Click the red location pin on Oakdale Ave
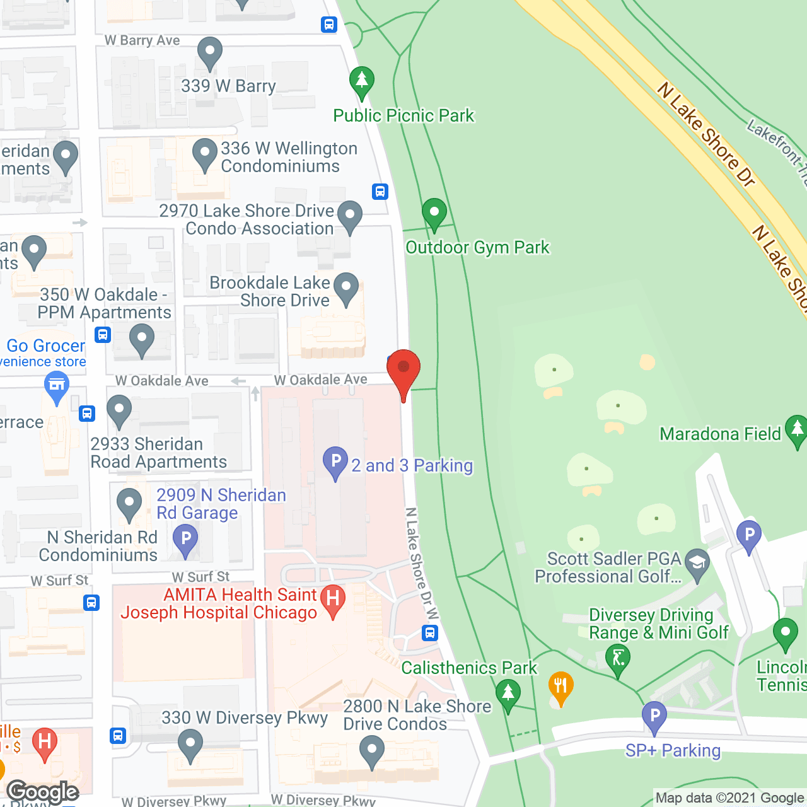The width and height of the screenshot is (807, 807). click(x=403, y=368)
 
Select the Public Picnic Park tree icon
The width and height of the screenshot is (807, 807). click(x=362, y=81)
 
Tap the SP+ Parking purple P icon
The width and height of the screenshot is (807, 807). click(x=654, y=716)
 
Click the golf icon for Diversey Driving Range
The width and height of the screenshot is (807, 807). click(x=618, y=659)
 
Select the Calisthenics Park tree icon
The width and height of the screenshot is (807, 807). click(x=508, y=694)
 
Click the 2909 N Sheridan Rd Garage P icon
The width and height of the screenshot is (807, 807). click(x=185, y=540)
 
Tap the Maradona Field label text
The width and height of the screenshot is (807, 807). click(x=720, y=434)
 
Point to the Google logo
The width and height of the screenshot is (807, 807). click(x=43, y=792)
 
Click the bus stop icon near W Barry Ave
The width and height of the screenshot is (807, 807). click(x=329, y=25)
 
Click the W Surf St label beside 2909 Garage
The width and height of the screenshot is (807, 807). click(x=200, y=577)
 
